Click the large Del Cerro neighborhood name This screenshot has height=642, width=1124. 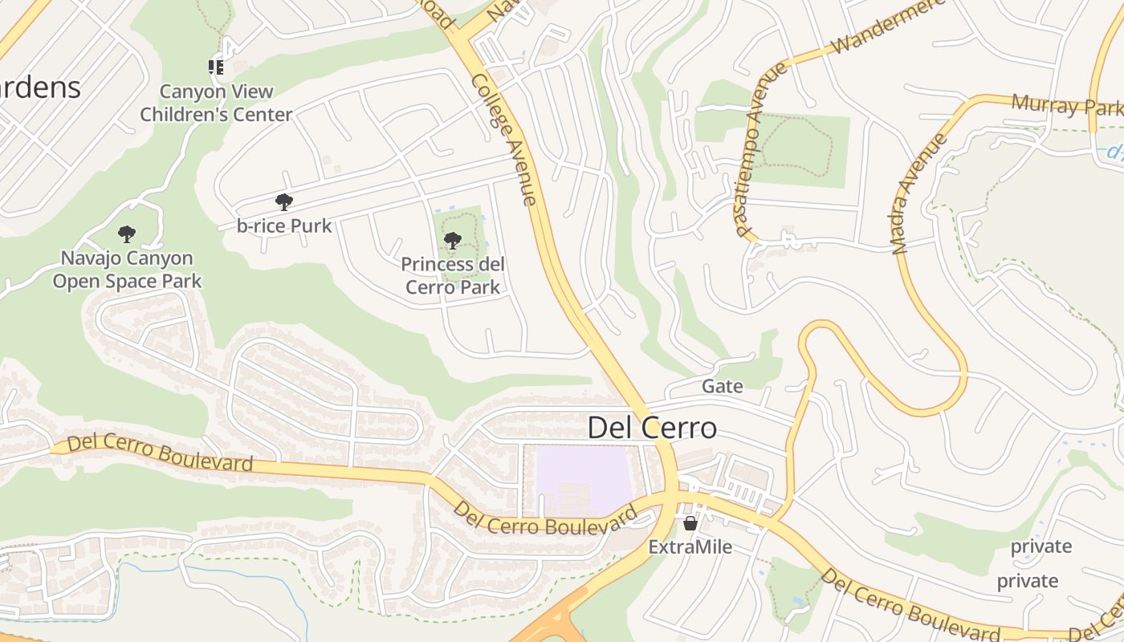pyautogui.click(x=652, y=428)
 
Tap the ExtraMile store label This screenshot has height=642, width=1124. pyautogui.click(x=690, y=547)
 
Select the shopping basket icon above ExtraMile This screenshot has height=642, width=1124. pyautogui.click(x=690, y=523)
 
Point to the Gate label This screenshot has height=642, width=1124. pyautogui.click(x=723, y=386)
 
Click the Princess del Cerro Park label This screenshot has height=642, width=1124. pyautogui.click(x=453, y=275)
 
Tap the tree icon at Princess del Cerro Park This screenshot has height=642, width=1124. pyautogui.click(x=452, y=240)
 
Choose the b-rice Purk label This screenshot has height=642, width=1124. pyautogui.click(x=284, y=226)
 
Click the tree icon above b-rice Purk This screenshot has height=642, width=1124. pyautogui.click(x=283, y=201)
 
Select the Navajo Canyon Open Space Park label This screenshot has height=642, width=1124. pyautogui.click(x=127, y=270)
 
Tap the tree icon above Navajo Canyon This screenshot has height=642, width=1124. pyautogui.click(x=126, y=234)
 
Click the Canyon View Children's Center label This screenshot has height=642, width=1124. pyautogui.click(x=216, y=103)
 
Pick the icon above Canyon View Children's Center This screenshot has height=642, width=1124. pyautogui.click(x=216, y=67)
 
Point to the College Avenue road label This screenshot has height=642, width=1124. pyautogui.click(x=504, y=140)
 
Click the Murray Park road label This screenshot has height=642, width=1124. pyautogui.click(x=1066, y=105)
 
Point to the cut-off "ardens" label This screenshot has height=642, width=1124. pyautogui.click(x=40, y=87)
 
